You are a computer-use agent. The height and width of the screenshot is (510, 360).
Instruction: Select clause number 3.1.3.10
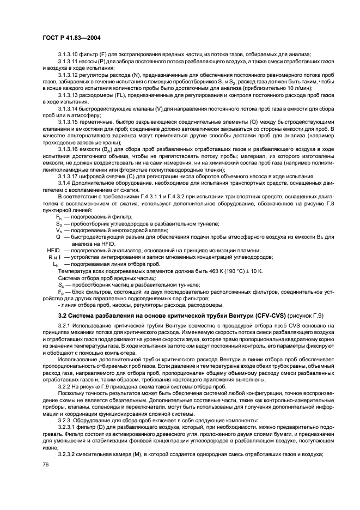(x=69, y=53)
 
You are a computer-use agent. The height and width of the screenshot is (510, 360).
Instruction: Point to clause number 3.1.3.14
(x=69, y=107)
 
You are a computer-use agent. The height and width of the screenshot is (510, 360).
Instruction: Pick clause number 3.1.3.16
(x=69, y=148)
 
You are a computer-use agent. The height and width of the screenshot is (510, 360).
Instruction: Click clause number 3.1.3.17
(x=69, y=175)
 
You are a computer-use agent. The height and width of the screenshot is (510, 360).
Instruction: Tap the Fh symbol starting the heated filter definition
(x=59, y=217)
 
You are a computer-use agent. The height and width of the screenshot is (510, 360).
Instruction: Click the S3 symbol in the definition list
(x=59, y=224)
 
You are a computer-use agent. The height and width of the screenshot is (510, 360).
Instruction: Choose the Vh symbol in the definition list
(x=59, y=230)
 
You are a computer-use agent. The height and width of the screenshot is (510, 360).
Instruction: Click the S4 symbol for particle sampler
(x=61, y=284)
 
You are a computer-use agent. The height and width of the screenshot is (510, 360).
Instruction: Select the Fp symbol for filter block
(x=61, y=292)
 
